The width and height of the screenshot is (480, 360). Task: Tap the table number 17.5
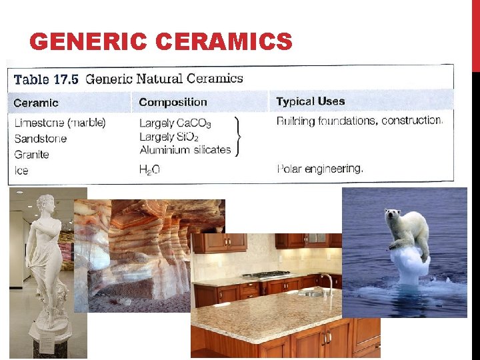pos(64,79)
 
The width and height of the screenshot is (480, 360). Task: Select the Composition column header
pos(173,102)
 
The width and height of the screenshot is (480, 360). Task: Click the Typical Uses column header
pos(311,101)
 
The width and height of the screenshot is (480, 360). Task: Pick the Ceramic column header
pos(36,103)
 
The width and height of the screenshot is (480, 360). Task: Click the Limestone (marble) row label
pos(60,123)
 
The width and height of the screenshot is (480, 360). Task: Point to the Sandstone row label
pos(41,139)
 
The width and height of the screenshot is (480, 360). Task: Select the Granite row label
pos(31,155)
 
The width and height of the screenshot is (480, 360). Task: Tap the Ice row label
pos(21,171)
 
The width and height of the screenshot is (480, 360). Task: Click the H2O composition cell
pos(149,171)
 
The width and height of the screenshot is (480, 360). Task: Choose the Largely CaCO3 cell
pos(175,123)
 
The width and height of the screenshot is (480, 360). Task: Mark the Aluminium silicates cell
pos(185,150)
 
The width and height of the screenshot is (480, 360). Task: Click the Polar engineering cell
pos(320,169)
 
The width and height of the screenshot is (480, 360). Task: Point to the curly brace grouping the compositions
pos(238,137)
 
